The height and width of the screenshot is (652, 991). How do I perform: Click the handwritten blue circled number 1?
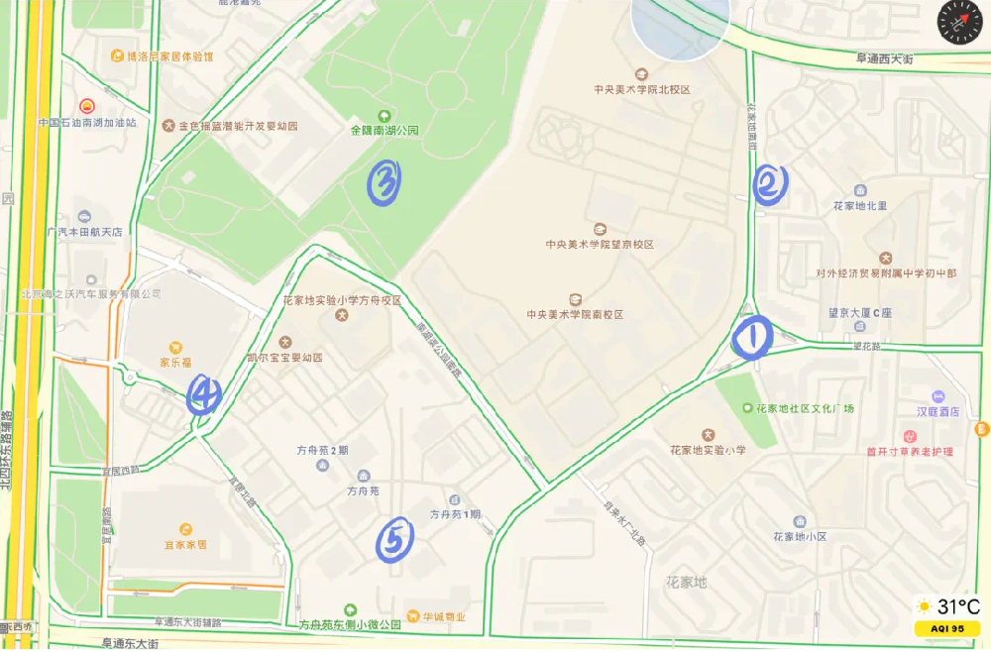click(x=752, y=338)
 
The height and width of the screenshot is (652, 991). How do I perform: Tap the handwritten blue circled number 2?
click(x=770, y=184)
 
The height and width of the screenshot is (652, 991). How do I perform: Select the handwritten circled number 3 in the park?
click(x=385, y=182)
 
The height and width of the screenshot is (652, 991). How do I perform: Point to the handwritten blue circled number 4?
click(x=204, y=394)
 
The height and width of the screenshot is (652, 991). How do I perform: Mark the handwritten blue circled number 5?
click(x=394, y=540)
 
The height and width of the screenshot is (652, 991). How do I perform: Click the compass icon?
click(x=958, y=22)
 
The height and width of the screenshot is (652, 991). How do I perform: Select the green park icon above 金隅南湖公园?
click(x=385, y=115)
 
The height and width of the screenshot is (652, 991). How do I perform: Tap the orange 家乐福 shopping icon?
click(x=174, y=347)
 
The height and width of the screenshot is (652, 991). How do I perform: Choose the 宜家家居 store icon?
click(x=185, y=529)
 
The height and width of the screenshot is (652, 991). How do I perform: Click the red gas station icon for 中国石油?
click(x=86, y=105)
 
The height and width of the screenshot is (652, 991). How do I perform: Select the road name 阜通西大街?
click(x=884, y=59)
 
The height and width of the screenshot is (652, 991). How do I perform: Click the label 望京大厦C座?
click(x=860, y=313)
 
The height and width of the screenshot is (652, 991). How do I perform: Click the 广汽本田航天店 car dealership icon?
click(x=85, y=216)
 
